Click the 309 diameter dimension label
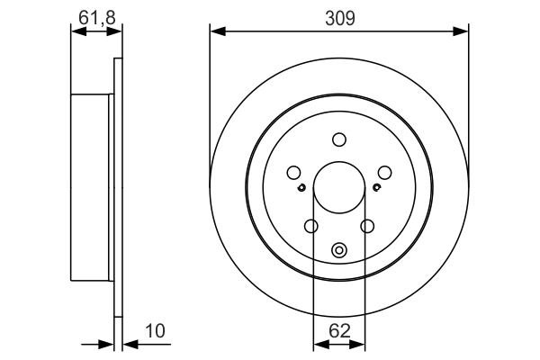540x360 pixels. click(x=339, y=17)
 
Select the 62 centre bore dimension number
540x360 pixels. click(x=338, y=331)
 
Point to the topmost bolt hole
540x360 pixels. click(x=338, y=139)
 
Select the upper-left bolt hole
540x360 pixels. click(x=293, y=173)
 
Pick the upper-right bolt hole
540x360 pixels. click(x=384, y=173)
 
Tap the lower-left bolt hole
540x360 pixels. click(x=311, y=226)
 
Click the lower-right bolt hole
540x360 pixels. click(x=366, y=226)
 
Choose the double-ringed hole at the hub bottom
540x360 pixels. click(x=338, y=251)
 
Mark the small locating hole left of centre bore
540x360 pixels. click(x=301, y=188)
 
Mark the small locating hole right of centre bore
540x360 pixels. click(x=376, y=188)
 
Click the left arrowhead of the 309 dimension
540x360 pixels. click(x=216, y=32)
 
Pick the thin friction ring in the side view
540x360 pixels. click(x=117, y=189)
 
